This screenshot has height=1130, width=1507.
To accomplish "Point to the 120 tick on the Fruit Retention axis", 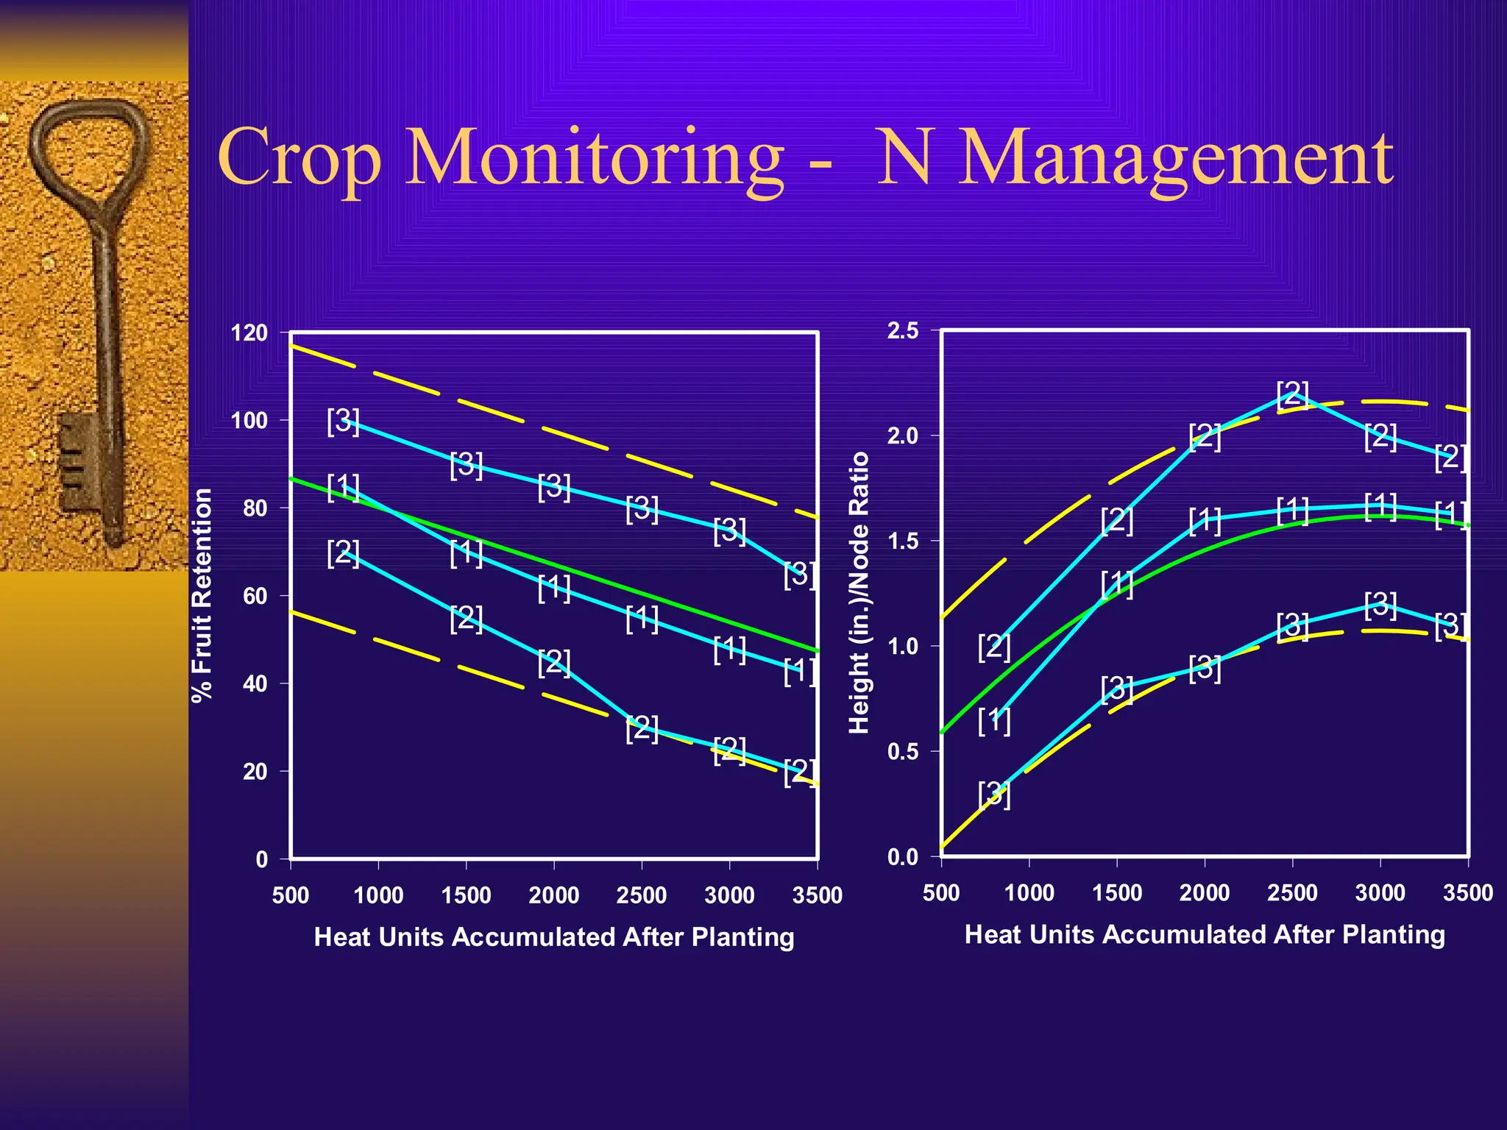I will pos(249,333).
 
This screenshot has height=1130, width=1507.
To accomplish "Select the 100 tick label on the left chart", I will pos(249,421).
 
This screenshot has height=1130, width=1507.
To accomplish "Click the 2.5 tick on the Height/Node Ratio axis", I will pos(903,331).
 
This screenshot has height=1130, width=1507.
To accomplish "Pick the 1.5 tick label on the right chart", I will pos(903,541).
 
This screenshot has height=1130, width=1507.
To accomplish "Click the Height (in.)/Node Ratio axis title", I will pos(859,593).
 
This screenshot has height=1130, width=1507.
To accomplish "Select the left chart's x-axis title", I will pos(554,937).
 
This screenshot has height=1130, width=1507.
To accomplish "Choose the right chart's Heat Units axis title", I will pos(1205,934).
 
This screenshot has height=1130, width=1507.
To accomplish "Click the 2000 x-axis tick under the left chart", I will pos(553,895).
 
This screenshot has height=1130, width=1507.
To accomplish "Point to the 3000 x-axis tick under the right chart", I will pos(1380,893).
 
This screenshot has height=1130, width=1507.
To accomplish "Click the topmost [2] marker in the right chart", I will pos(1293,394).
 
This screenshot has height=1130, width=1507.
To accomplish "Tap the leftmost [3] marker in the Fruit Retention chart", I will pos(343,421).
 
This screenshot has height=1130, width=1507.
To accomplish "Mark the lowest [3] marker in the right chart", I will pos(994,795).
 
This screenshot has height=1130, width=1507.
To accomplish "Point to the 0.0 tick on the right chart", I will pos(903,857).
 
